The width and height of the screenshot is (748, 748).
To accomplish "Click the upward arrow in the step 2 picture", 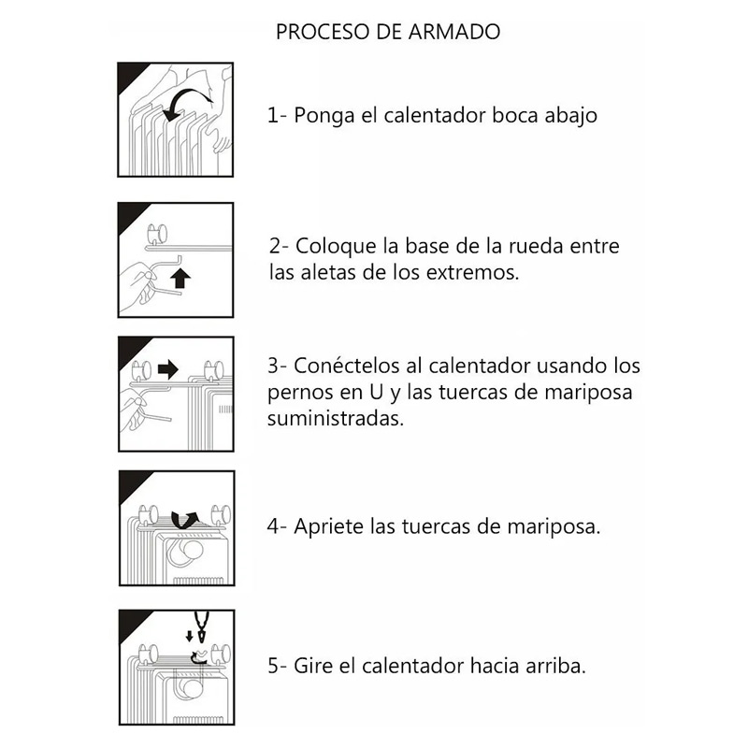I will pos(181,278).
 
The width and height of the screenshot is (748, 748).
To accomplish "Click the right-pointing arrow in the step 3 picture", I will pos(167,369).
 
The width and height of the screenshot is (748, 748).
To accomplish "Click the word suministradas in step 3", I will pos(336,418).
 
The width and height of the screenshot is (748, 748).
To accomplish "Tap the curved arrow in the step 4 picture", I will pos(184,517).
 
